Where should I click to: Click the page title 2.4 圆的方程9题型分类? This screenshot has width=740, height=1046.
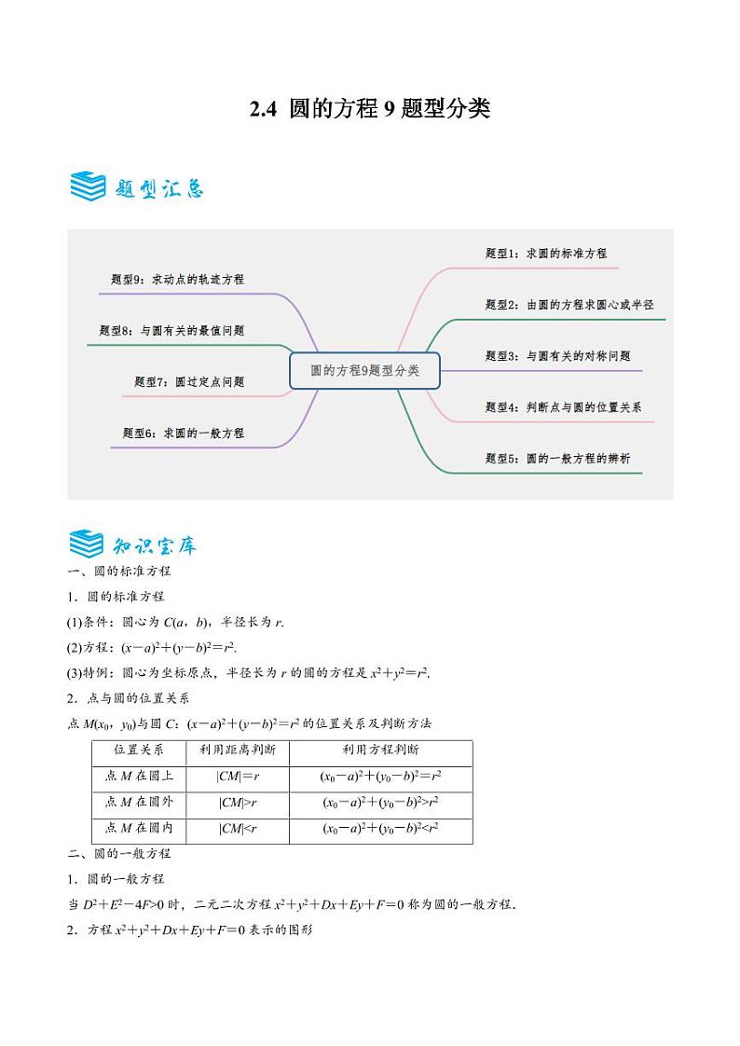coord(370,109)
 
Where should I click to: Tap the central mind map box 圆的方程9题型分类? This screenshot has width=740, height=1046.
coord(364,370)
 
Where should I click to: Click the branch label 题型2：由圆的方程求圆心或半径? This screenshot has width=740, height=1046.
coord(569,304)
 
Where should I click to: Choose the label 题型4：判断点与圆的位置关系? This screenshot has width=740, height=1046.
coord(563,406)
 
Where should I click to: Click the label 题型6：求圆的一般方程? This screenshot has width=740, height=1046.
coord(183,433)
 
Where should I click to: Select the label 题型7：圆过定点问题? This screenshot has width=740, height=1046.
coord(189,381)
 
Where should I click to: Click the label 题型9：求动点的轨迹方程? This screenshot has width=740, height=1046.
coord(177,279)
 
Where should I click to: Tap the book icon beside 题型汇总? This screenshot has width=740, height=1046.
coord(88,186)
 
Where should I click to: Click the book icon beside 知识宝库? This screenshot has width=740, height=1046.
coord(88,543)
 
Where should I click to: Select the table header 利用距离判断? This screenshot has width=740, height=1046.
coord(231,750)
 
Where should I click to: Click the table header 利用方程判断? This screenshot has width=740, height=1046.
coord(380,750)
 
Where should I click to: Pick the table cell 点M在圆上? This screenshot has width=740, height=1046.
coord(139,776)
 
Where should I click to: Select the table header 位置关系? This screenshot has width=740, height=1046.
coord(139,750)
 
